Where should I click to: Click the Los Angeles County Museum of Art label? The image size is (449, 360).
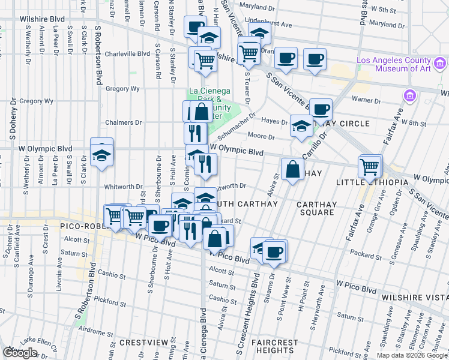click(393, 64)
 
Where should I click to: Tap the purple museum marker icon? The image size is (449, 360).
click(411, 95)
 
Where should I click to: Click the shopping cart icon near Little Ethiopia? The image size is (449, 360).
click(370, 166)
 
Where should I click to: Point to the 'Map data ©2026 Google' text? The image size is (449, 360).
click(411, 355)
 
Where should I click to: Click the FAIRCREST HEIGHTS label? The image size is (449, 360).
click(274, 346)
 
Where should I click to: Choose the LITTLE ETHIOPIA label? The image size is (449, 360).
click(372, 182)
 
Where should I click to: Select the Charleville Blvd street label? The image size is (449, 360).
click(127, 53)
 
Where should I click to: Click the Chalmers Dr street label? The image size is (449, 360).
click(125, 122)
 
